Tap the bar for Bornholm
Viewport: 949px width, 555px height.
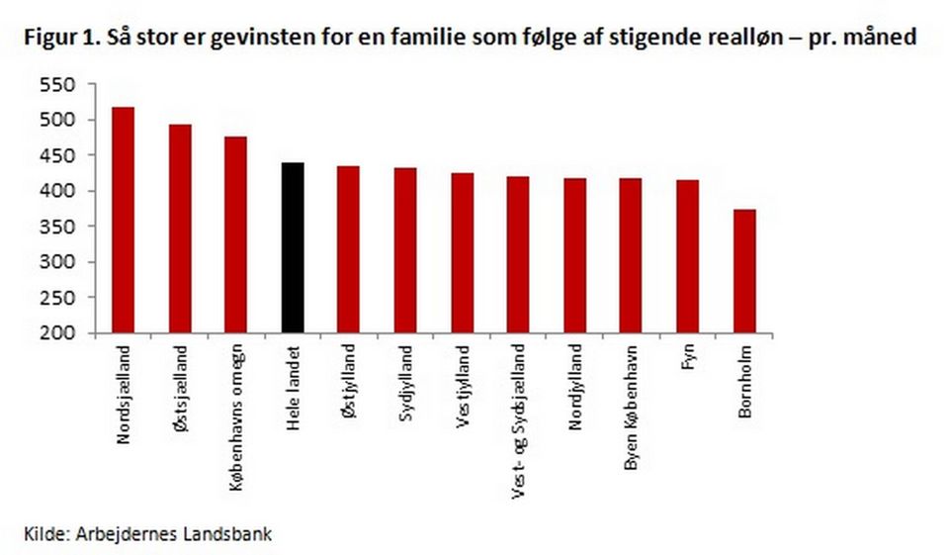coord(744,271)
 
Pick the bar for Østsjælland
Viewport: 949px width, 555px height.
coord(179,229)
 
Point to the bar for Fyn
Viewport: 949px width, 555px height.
coord(688,256)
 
